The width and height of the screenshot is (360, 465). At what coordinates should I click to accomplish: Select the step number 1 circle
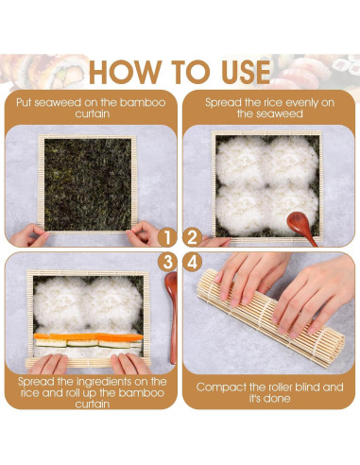coord(165,236)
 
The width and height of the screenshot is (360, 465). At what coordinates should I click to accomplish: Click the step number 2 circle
coord(192,236)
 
